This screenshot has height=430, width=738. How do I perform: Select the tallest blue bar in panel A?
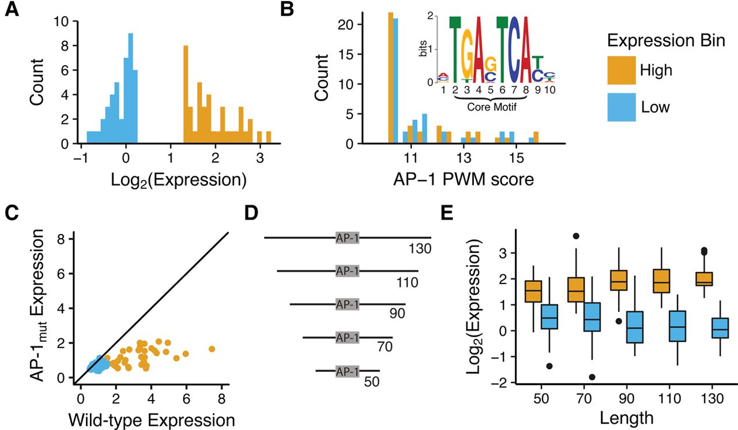[130, 89]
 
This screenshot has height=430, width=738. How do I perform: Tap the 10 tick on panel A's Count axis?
[65, 22]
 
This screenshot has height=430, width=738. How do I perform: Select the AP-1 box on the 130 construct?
[347, 237]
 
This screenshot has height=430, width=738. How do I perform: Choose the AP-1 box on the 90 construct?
[347, 304]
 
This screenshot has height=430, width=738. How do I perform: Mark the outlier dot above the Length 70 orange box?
[576, 236]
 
